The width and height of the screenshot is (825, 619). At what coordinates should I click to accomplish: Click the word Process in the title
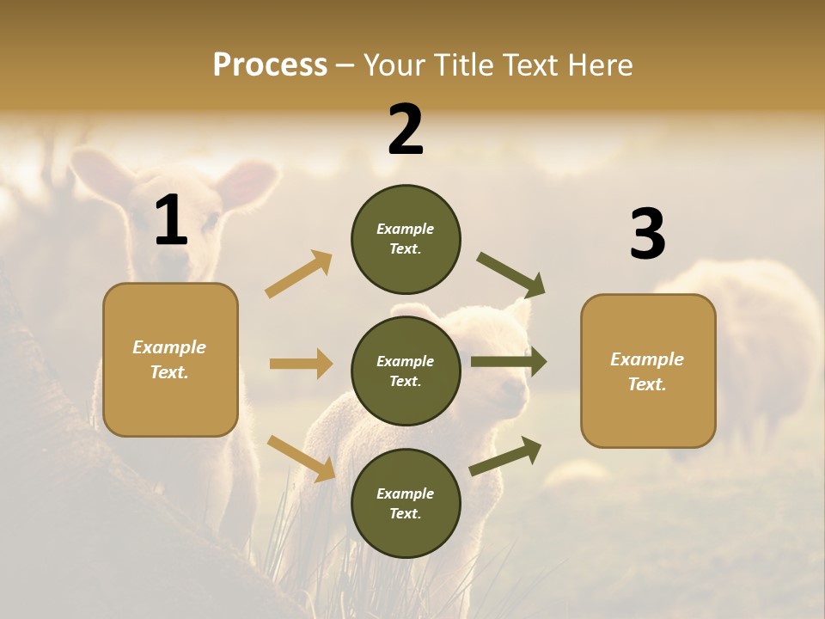pyautogui.click(x=270, y=64)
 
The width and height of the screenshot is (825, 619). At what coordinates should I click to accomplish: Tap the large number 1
pyautogui.click(x=171, y=220)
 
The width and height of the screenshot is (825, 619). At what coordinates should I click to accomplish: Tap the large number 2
pyautogui.click(x=406, y=130)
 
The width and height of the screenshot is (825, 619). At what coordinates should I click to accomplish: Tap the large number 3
pyautogui.click(x=647, y=235)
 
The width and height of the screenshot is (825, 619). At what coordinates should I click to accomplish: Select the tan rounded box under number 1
pyautogui.click(x=170, y=359)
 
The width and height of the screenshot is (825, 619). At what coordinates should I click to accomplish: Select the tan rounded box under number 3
pyautogui.click(x=648, y=371)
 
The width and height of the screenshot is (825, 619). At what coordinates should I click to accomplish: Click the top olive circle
pyautogui.click(x=406, y=239)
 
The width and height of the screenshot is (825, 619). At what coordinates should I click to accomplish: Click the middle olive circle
pyautogui.click(x=406, y=371)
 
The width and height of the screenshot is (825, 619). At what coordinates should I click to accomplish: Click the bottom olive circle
pyautogui.click(x=406, y=504)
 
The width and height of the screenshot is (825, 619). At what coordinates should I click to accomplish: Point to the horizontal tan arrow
pyautogui.click(x=301, y=364)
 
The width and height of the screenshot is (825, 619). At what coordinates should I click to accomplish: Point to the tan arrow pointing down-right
pyautogui.click(x=301, y=458)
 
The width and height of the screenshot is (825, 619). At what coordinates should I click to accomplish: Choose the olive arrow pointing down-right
pyautogui.click(x=510, y=275)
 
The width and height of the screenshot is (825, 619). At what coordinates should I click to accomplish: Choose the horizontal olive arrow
pyautogui.click(x=509, y=363)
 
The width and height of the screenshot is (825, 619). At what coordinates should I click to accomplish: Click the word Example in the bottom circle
pyautogui.click(x=406, y=493)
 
